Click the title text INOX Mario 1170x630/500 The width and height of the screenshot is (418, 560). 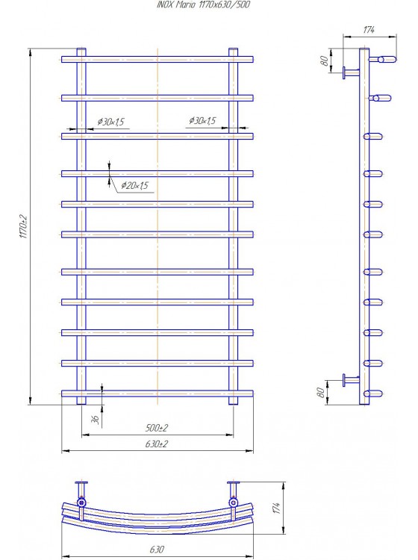[x=203, y=4]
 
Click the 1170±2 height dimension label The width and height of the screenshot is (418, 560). [x=23, y=226]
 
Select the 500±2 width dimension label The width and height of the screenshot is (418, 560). [x=156, y=428]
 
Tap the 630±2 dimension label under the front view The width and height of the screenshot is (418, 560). [x=156, y=444]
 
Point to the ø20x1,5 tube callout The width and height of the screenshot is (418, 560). [x=134, y=185]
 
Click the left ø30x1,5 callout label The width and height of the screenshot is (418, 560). [x=111, y=122]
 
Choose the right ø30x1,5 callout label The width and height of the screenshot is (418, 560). [x=202, y=121]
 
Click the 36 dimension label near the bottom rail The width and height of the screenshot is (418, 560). [x=96, y=420]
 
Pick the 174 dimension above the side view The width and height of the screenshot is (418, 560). [x=369, y=30]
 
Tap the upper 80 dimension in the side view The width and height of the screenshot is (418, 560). [x=324, y=60]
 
